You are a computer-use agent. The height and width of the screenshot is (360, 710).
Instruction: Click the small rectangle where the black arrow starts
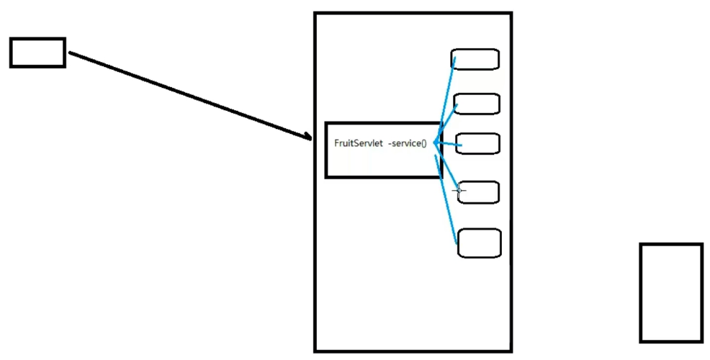37,53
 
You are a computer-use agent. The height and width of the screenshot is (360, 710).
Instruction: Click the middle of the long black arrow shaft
191,96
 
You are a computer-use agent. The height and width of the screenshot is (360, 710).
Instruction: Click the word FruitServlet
358,143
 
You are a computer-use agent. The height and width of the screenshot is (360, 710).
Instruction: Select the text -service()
408,143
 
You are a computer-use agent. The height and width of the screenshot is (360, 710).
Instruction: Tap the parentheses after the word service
423,143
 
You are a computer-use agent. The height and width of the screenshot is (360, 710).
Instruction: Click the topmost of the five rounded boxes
475,59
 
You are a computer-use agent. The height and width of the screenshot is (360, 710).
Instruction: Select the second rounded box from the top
477,104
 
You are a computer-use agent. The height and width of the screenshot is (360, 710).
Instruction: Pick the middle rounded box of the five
478,143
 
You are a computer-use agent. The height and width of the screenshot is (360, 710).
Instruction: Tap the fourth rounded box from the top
479,192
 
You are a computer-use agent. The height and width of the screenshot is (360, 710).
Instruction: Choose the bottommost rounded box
480,243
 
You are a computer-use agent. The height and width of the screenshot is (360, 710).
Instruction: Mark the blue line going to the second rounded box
446,122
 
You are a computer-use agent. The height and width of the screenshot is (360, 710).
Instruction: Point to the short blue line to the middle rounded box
449,145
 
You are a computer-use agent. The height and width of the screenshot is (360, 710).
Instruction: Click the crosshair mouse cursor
459,190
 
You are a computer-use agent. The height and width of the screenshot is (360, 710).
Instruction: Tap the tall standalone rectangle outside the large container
670,292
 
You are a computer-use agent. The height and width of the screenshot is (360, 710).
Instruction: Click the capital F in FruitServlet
337,143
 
